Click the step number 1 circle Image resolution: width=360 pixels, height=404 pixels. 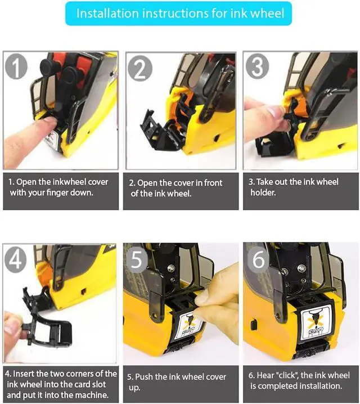(16, 66)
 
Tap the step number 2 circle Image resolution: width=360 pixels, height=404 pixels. (140, 68)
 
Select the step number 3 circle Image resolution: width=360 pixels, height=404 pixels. (257, 66)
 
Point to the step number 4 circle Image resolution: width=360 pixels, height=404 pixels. (15, 259)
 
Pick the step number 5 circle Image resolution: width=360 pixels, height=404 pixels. (137, 259)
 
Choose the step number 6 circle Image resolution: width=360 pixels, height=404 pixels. (258, 259)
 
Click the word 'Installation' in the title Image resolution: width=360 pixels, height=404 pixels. (107, 14)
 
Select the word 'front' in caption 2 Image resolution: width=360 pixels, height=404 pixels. (213, 183)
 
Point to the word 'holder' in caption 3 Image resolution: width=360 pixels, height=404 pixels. (263, 192)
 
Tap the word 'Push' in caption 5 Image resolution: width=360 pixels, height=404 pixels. (144, 377)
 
